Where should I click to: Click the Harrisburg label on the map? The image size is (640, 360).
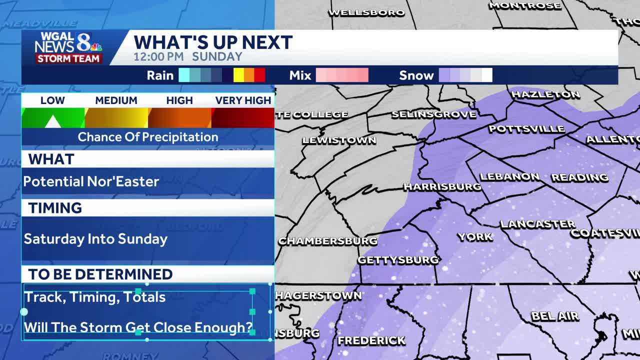click(x=442, y=187)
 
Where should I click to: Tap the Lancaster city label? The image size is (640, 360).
click(x=537, y=224)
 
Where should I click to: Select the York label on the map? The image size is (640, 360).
click(x=474, y=236)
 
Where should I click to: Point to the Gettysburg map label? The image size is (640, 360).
click(x=398, y=260)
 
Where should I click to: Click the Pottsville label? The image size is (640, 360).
click(x=526, y=129)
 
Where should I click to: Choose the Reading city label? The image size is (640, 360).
click(x=579, y=177)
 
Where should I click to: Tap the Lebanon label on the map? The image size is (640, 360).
click(x=509, y=176)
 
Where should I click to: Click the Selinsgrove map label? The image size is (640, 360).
click(x=433, y=114)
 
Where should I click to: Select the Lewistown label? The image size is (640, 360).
click(x=339, y=140)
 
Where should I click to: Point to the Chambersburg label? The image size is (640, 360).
click(x=327, y=241)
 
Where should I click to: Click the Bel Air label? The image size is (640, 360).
click(x=554, y=316)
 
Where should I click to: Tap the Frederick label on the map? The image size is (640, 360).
click(x=371, y=340)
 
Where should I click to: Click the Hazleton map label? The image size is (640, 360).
click(x=545, y=94)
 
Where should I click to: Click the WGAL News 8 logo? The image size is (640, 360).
click(x=68, y=47)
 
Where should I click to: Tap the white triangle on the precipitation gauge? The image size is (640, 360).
click(x=52, y=121)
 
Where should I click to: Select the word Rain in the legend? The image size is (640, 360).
click(x=160, y=75)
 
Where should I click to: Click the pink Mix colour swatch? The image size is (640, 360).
click(x=342, y=75)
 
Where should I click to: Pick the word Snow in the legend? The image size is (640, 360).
click(x=416, y=75)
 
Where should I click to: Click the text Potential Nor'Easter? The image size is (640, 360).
click(x=91, y=181)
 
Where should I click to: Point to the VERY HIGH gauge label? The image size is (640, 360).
click(x=243, y=100)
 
